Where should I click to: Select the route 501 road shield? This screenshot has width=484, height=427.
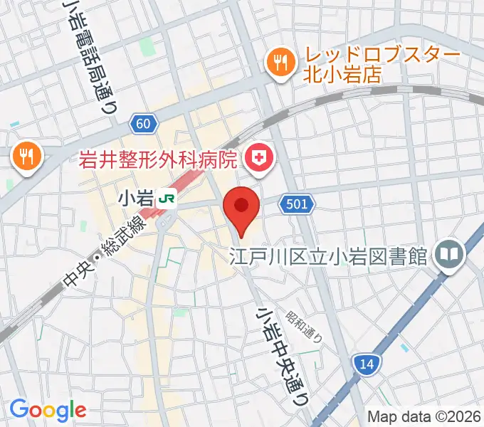coord(297,205)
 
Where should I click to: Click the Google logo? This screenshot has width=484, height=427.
coord(48,409)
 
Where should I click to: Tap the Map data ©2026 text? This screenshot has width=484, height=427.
coord(423,416)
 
